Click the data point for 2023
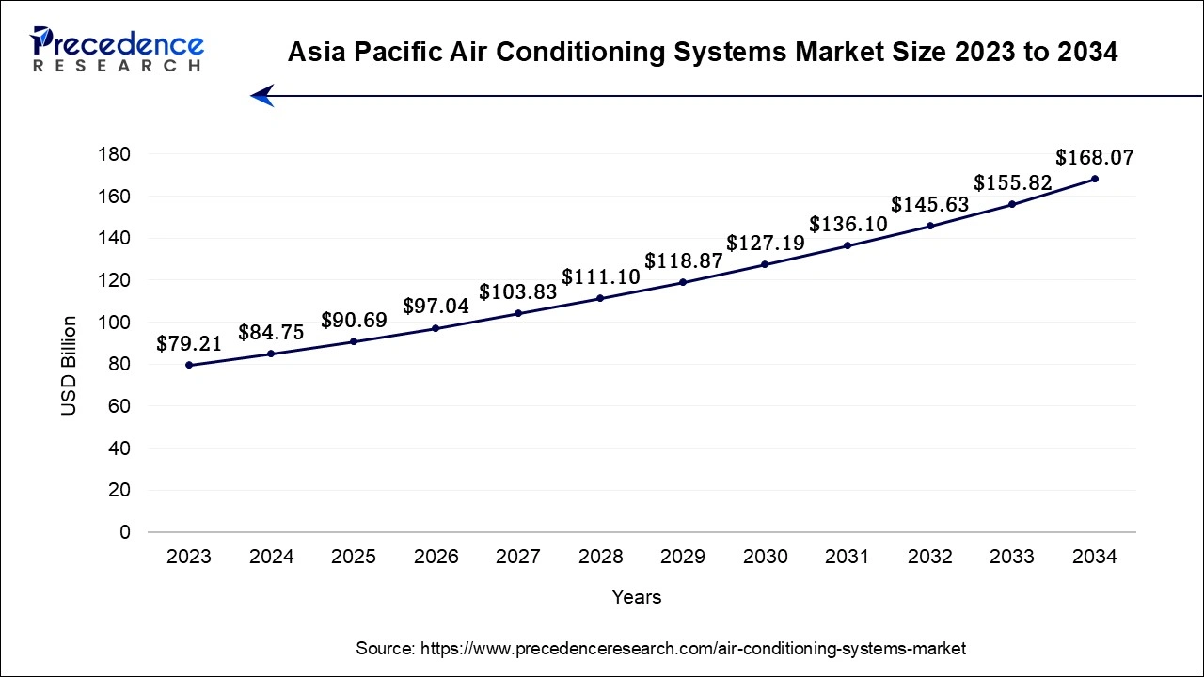[189, 365]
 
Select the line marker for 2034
[1095, 179]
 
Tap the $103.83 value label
[518, 292]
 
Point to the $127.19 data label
[765, 244]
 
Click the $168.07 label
[1095, 158]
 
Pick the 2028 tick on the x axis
[600, 557]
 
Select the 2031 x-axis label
[848, 557]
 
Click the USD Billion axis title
[70, 366]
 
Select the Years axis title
[636, 597]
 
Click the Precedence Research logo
[117, 50]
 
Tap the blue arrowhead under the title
[261, 95]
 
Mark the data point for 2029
[683, 282]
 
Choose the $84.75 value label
[271, 332]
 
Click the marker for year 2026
[436, 328]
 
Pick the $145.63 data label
[929, 204]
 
